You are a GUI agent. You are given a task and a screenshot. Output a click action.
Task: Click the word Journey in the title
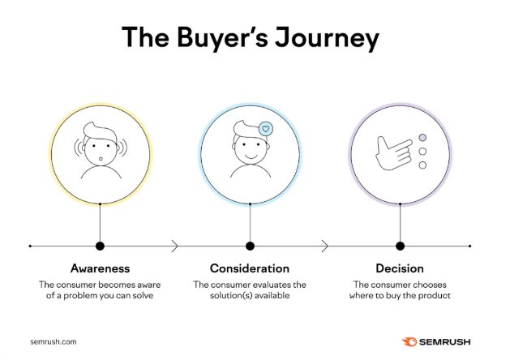pos(327,38)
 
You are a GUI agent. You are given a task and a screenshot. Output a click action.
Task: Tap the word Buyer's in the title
pos(222,38)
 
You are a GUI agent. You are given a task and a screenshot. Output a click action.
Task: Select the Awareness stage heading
pos(101,268)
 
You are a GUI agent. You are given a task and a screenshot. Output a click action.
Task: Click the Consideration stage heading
pos(250,268)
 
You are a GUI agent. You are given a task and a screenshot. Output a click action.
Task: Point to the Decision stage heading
pos(400,268)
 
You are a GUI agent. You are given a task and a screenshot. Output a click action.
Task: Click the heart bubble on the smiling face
pos(266,129)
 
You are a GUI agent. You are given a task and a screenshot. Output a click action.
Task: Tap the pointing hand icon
pos(393,153)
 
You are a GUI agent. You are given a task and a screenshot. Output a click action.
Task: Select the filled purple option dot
pos(422,138)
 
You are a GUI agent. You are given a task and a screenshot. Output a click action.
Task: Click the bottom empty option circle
pos(422,165)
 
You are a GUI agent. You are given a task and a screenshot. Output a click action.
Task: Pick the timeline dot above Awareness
pos(101,246)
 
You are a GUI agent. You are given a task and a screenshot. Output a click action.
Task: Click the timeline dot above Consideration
pos(250,246)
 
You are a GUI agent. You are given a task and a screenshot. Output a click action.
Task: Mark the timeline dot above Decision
pos(400,246)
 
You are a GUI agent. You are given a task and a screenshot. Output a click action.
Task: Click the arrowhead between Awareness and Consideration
pos(175,246)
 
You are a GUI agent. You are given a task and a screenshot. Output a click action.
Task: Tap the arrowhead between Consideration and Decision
pos(324,246)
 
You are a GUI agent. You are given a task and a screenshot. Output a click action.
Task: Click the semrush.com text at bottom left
pos(54,342)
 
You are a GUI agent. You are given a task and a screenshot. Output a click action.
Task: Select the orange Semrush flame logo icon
pos(409,342)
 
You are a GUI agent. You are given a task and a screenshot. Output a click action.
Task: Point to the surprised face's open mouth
pos(101,159)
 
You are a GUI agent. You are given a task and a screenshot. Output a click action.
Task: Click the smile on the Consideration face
pos(251,156)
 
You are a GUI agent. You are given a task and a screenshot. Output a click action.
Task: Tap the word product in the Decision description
pos(435,296)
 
